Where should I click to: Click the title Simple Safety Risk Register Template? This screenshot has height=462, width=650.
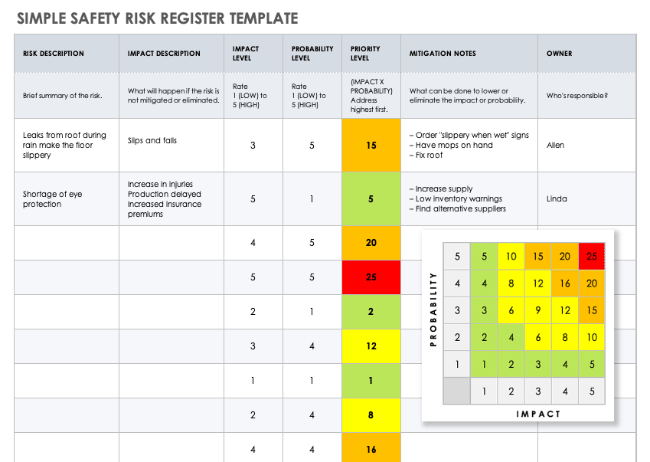pyautogui.click(x=157, y=18)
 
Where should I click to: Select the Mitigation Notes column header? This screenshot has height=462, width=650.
pyautogui.click(x=443, y=54)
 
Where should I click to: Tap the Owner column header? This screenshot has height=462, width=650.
pyautogui.click(x=559, y=54)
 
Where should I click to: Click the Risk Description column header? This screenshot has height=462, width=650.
pyautogui.click(x=54, y=54)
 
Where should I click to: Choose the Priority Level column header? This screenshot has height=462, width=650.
pyautogui.click(x=360, y=53)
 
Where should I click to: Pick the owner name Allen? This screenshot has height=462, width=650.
pyautogui.click(x=556, y=145)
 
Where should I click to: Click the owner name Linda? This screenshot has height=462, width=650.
pyautogui.click(x=557, y=198)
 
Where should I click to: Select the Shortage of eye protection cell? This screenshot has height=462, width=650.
pyautogui.click(x=53, y=199)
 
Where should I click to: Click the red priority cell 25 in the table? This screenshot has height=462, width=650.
pyautogui.click(x=371, y=277)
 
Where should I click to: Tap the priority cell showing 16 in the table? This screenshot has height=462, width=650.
pyautogui.click(x=371, y=449)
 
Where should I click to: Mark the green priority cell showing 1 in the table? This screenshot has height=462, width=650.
pyautogui.click(x=371, y=381)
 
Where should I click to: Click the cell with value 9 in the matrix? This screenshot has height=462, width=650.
pyautogui.click(x=537, y=310)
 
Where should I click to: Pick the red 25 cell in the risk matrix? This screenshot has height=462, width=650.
pyautogui.click(x=592, y=257)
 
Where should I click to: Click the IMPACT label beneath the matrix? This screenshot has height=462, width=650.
pyautogui.click(x=537, y=414)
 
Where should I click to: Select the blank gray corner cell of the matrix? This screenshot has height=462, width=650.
pyautogui.click(x=457, y=391)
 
